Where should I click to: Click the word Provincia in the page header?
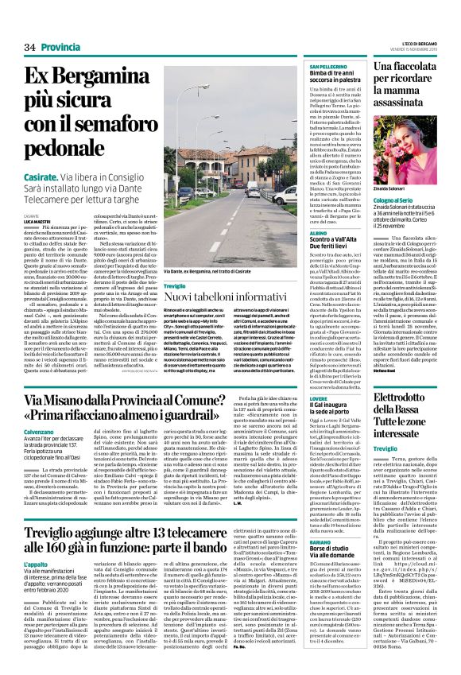pos(64,48)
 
